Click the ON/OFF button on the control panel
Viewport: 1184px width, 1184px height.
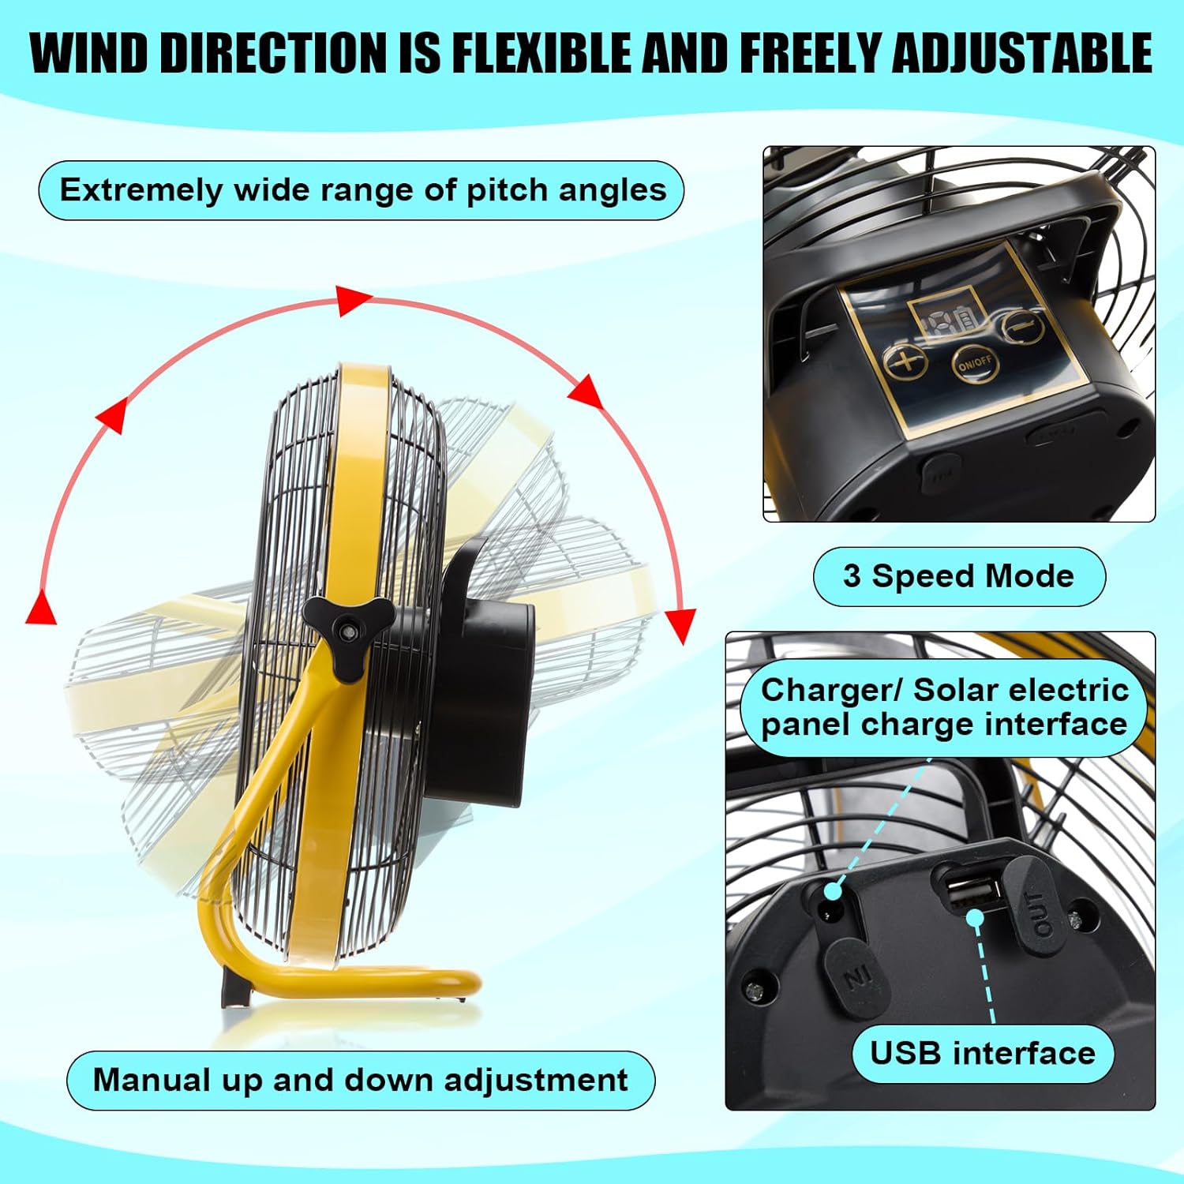(x=975, y=364)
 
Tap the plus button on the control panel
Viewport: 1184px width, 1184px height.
(x=907, y=362)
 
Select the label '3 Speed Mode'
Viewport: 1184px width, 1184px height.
(x=959, y=576)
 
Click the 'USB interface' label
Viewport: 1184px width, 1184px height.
(x=983, y=1054)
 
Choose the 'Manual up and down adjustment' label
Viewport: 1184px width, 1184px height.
(x=361, y=1080)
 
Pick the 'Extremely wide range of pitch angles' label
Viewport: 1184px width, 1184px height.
(x=362, y=190)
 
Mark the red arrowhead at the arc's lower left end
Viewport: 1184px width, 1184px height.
(x=41, y=606)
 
